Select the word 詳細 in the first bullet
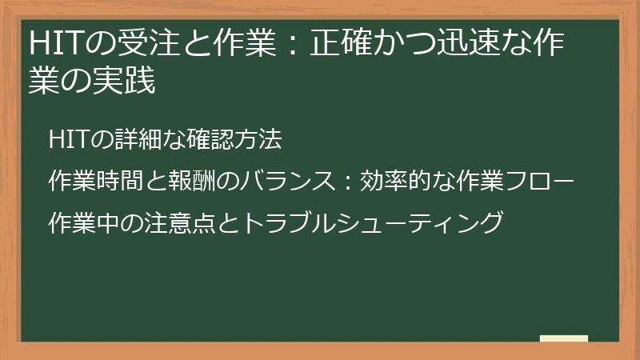(125, 139)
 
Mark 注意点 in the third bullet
(180, 221)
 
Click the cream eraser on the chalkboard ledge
(564, 338)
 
